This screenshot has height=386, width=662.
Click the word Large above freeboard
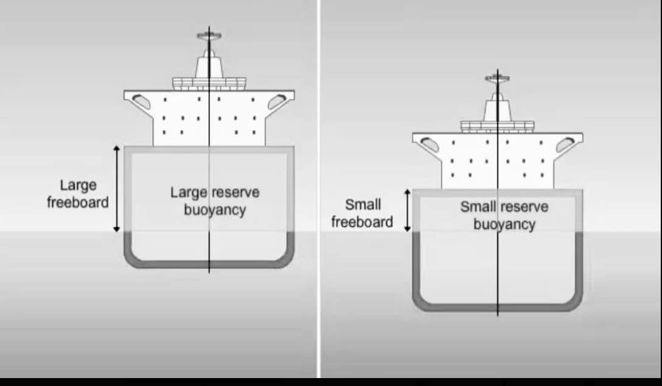[78, 186]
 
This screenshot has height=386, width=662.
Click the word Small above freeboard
[363, 205]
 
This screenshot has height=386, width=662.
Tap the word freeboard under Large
[78, 202]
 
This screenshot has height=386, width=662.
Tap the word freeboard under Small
[362, 222]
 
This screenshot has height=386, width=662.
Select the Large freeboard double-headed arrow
[117, 189]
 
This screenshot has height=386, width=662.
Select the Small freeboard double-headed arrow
[407, 210]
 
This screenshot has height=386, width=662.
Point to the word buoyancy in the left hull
[215, 210]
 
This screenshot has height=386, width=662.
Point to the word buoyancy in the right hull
[504, 224]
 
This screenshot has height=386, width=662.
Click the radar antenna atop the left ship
[209, 36]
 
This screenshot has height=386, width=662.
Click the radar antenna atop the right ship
[497, 78]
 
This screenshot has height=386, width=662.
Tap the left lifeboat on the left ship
[141, 101]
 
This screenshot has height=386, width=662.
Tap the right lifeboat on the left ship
[277, 101]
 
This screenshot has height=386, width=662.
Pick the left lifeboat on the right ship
[430, 144]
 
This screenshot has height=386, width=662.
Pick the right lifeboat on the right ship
[565, 144]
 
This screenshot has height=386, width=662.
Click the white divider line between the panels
[319, 189]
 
